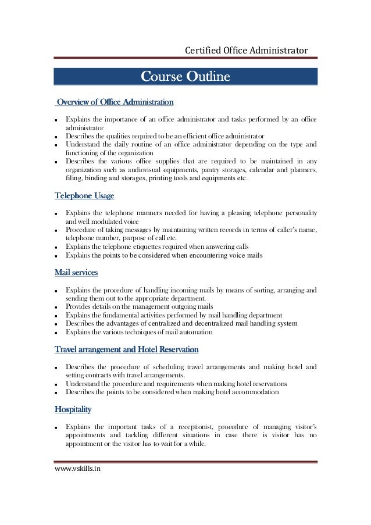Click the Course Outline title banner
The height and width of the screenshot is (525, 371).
coord(185,77)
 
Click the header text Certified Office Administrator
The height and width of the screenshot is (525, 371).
coord(246,51)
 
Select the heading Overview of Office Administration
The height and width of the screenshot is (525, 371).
coord(115,102)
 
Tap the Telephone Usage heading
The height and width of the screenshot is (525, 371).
coord(84,195)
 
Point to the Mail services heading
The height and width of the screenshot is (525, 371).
coord(76,272)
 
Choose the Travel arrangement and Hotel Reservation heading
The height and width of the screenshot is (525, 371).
coord(127,349)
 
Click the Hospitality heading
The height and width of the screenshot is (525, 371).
coord(73,410)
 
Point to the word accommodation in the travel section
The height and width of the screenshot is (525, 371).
coord(252,392)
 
